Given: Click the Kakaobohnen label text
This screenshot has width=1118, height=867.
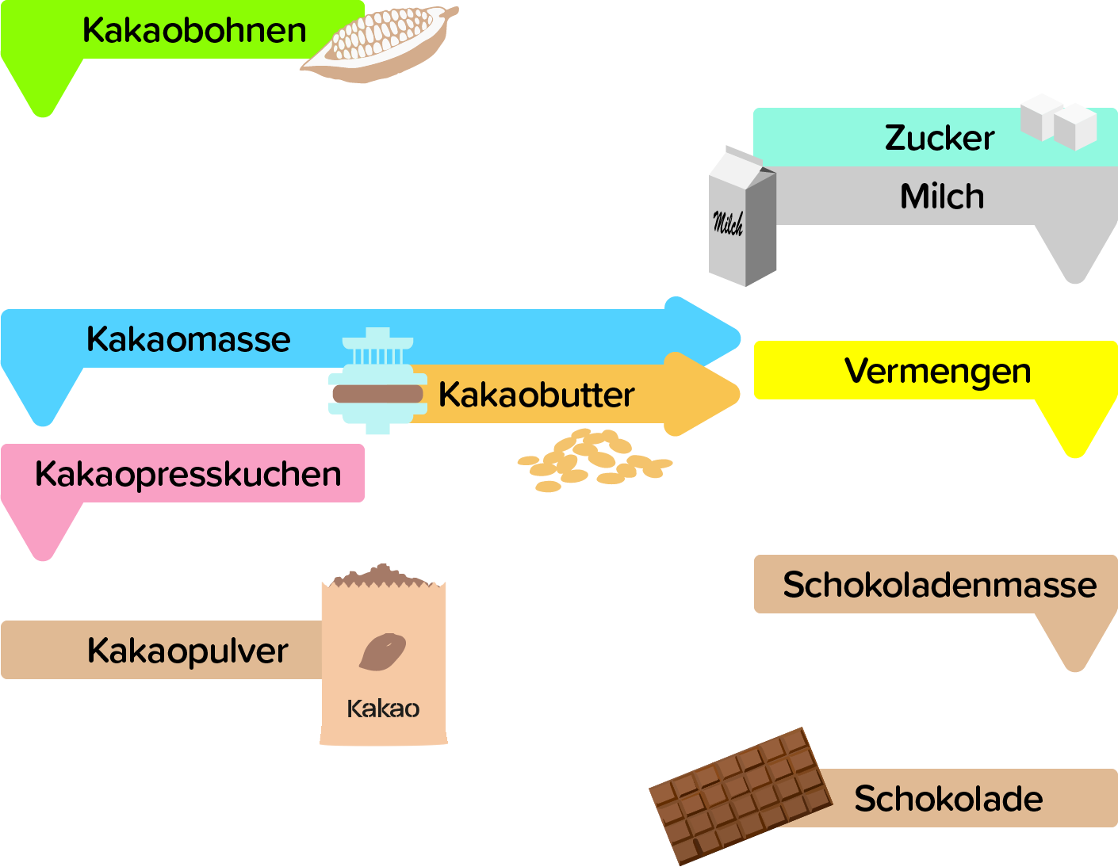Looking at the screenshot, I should click(x=194, y=31).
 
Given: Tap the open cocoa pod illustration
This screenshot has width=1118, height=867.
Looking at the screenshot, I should click(x=381, y=44).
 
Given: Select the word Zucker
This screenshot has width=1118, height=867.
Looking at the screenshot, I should click(x=940, y=138).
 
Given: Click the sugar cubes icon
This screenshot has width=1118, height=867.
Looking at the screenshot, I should click(x=1059, y=122).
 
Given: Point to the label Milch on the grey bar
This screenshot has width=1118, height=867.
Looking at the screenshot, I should click(x=942, y=197).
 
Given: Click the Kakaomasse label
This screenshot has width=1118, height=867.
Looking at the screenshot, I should click(x=189, y=339).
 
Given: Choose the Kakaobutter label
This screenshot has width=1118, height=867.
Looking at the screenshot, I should click(x=537, y=395).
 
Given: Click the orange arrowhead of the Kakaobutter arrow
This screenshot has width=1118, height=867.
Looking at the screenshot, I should click(x=702, y=394).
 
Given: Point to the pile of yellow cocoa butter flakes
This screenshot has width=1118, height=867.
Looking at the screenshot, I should click(x=595, y=461).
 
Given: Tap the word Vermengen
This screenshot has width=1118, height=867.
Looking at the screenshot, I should click(x=938, y=371).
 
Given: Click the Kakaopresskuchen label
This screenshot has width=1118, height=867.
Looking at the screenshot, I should click(x=188, y=474).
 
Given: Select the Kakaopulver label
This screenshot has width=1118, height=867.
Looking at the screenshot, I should click(x=188, y=651).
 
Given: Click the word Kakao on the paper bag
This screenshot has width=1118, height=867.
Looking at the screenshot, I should click(x=383, y=708).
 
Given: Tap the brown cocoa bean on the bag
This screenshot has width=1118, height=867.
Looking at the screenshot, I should click(x=383, y=651).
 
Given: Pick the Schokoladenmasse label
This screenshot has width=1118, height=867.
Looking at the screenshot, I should click(x=940, y=585).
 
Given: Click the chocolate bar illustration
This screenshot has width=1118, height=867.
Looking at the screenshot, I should click(x=741, y=795).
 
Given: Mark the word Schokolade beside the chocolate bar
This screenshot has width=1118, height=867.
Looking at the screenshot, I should click(x=948, y=799).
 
